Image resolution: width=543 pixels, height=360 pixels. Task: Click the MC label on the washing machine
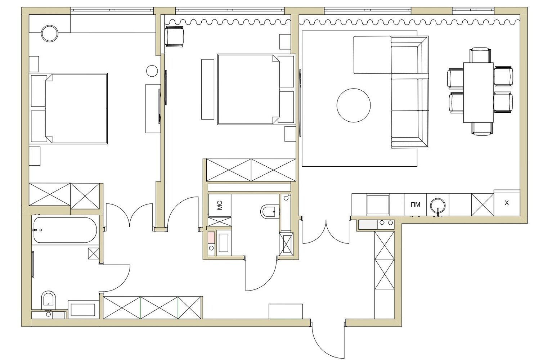(220, 205)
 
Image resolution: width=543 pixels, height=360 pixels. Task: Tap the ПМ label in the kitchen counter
(416, 204)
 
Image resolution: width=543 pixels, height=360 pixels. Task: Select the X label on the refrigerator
(507, 203)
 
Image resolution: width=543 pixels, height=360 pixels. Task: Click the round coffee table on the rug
(354, 105)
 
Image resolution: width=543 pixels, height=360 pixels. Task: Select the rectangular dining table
(479, 93)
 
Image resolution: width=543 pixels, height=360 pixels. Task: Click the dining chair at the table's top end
(480, 55)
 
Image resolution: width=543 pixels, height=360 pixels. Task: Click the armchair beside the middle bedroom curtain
(174, 37)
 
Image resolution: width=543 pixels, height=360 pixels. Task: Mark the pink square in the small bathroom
(211, 238)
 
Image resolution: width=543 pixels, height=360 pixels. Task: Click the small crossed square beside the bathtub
(94, 253)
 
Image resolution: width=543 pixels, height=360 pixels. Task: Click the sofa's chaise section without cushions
(372, 55)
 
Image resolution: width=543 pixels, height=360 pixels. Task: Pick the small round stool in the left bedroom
(152, 71)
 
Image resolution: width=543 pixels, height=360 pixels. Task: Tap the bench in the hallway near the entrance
(286, 311)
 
